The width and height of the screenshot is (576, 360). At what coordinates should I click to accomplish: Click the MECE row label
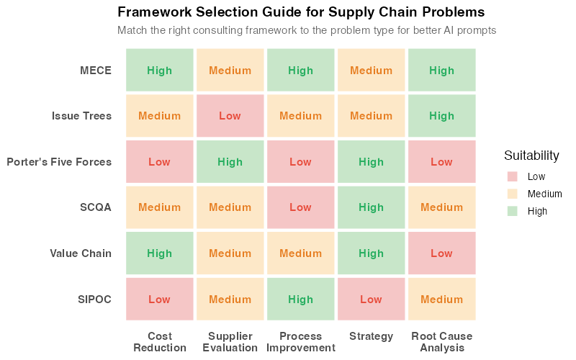click(96, 71)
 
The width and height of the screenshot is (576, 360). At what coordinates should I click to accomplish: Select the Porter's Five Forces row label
click(59, 162)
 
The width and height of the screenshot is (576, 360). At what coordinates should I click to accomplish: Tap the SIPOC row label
click(94, 300)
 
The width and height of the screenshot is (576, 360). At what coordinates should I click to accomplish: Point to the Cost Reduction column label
click(160, 342)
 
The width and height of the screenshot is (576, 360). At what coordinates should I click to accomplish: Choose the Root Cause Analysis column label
click(442, 342)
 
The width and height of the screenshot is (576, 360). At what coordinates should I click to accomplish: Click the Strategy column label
click(372, 336)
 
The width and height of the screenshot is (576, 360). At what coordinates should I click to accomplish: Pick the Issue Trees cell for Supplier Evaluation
click(230, 116)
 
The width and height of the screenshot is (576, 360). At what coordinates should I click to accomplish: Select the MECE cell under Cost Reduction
click(160, 71)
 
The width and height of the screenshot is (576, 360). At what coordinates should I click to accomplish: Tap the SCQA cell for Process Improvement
click(301, 207)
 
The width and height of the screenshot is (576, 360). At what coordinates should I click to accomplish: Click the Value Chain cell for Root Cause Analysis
click(442, 253)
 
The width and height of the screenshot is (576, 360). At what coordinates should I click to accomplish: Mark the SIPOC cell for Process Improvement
click(301, 300)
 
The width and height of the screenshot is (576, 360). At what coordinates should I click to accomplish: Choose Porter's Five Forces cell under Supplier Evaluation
click(230, 162)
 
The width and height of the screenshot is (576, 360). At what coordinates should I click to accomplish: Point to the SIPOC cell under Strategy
click(372, 300)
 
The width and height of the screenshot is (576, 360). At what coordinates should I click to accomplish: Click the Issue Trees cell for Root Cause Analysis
click(442, 116)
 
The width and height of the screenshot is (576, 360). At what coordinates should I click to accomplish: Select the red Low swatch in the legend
click(512, 176)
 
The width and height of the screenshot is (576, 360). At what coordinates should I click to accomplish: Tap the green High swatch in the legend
click(512, 211)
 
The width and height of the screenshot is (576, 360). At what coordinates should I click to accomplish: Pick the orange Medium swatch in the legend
click(512, 194)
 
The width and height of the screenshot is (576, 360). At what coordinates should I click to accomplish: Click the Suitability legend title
click(531, 156)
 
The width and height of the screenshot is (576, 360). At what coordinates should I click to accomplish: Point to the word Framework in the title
click(153, 13)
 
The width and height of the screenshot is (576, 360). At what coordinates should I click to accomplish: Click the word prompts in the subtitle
click(477, 31)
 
